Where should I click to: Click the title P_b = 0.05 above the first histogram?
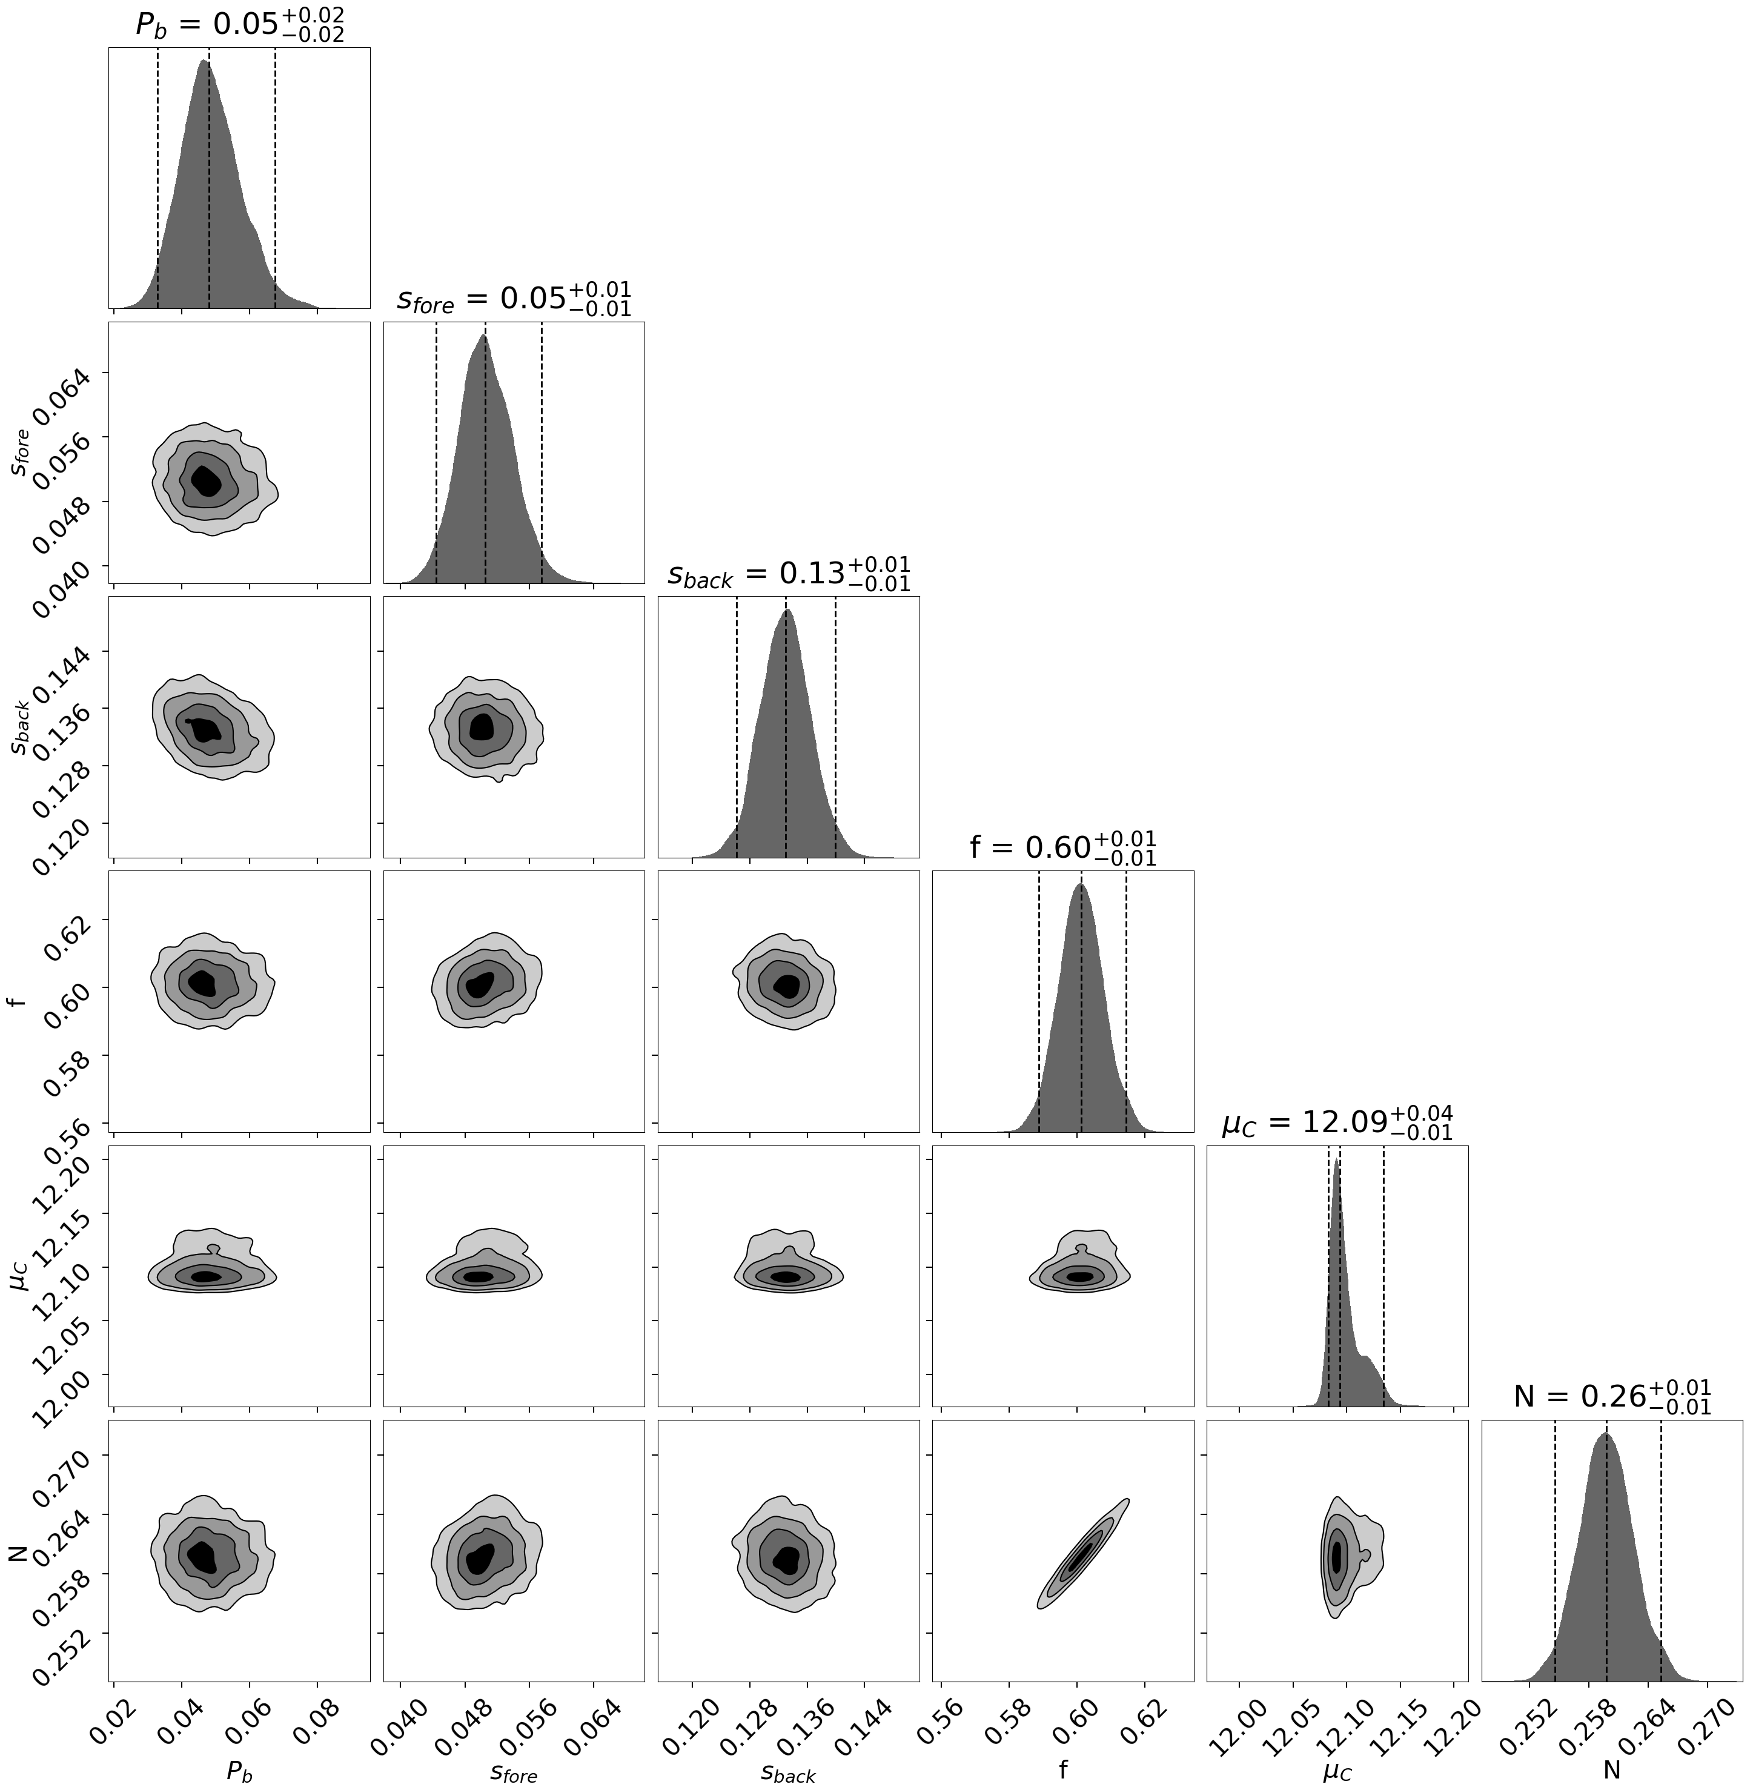(239, 25)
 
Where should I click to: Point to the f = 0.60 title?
(1062, 848)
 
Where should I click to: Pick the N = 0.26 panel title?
(1612, 1397)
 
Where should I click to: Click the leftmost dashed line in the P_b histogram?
(157, 177)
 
